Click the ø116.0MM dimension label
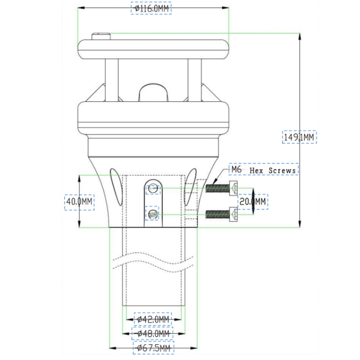click(x=151, y=9)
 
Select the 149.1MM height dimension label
click(x=299, y=137)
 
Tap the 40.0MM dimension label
click(x=79, y=202)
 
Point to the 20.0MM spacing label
click(x=252, y=202)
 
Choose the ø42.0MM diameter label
click(x=153, y=319)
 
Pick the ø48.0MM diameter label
click(x=153, y=333)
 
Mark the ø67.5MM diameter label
click(x=153, y=348)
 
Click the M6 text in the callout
click(x=236, y=170)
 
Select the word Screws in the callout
click(x=282, y=171)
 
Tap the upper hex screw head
click(x=233, y=188)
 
